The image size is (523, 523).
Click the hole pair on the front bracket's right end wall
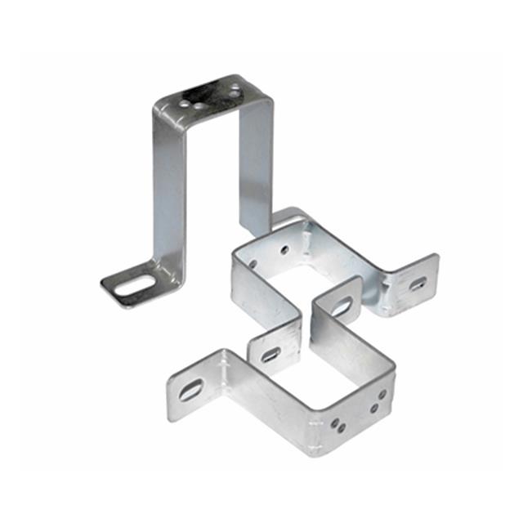click(x=378, y=400)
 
